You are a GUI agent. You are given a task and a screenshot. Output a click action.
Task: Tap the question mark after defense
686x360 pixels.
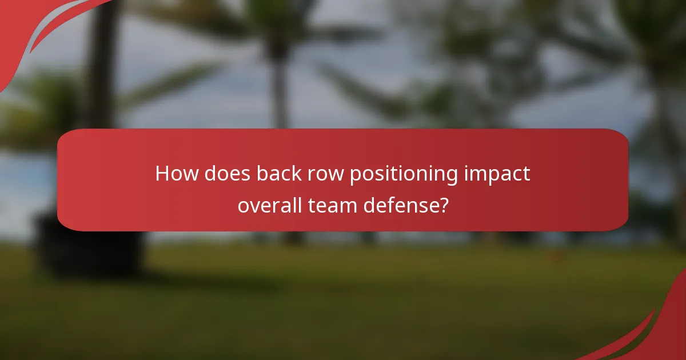point(442,205)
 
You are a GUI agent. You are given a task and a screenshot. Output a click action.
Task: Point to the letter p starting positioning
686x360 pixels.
point(354,176)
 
